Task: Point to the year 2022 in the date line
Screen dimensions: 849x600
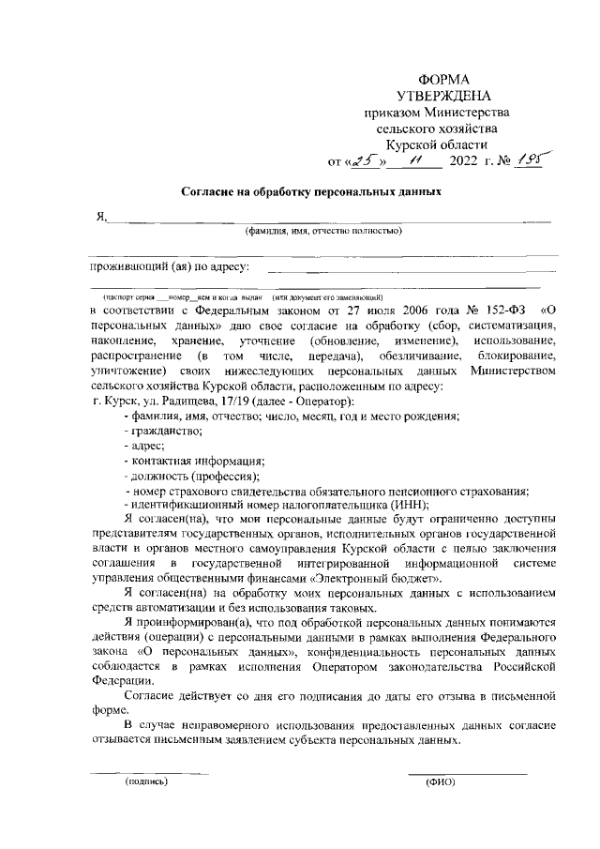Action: click(463, 162)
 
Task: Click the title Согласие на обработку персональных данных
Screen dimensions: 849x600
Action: click(310, 191)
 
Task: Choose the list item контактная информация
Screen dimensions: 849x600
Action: click(194, 461)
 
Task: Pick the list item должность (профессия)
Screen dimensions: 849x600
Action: click(187, 477)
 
